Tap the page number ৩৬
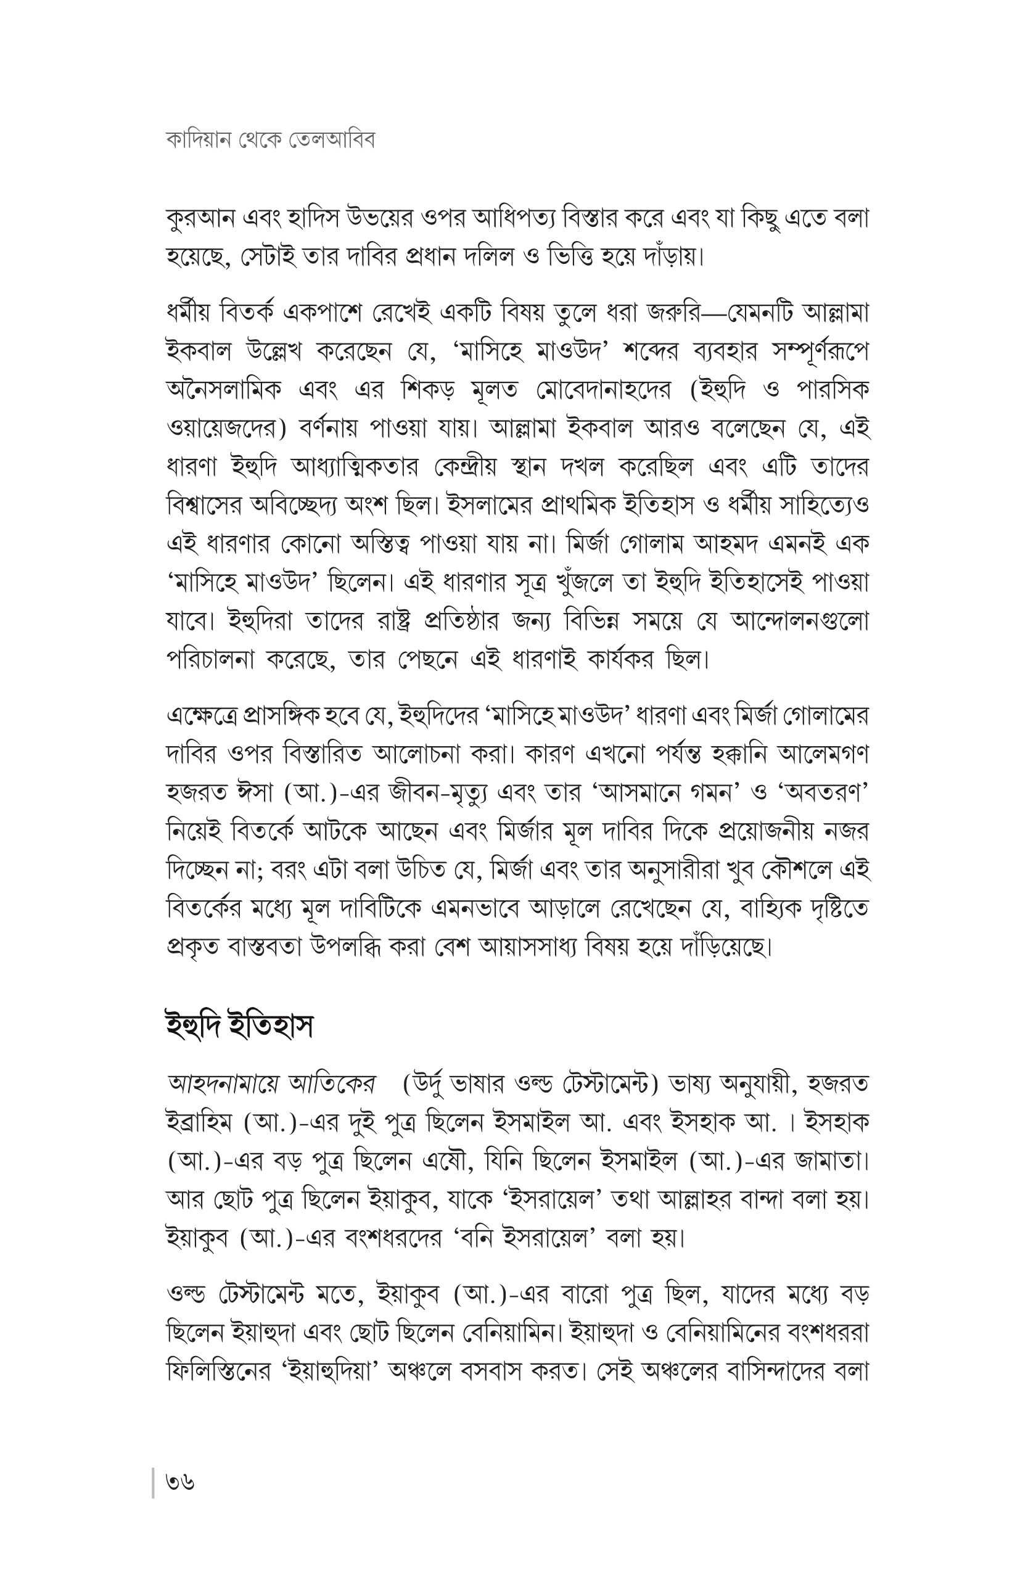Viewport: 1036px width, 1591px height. point(181,1482)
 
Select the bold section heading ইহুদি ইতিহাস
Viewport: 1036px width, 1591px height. point(239,1026)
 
